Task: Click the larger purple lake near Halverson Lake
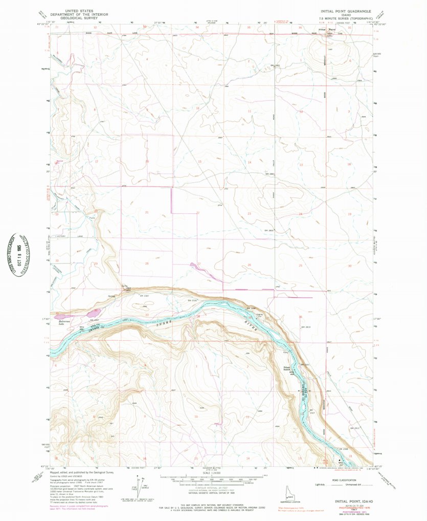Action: pos(94,312)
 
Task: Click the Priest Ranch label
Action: pos(289,370)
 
